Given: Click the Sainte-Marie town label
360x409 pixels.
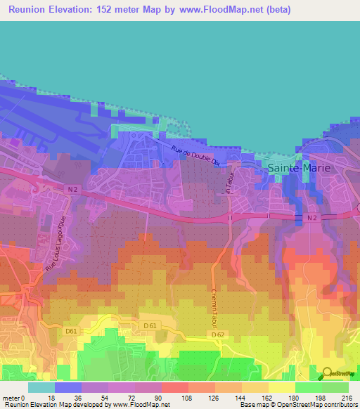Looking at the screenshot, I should [x=298, y=168].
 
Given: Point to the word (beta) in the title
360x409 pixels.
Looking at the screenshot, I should [x=274, y=11].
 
